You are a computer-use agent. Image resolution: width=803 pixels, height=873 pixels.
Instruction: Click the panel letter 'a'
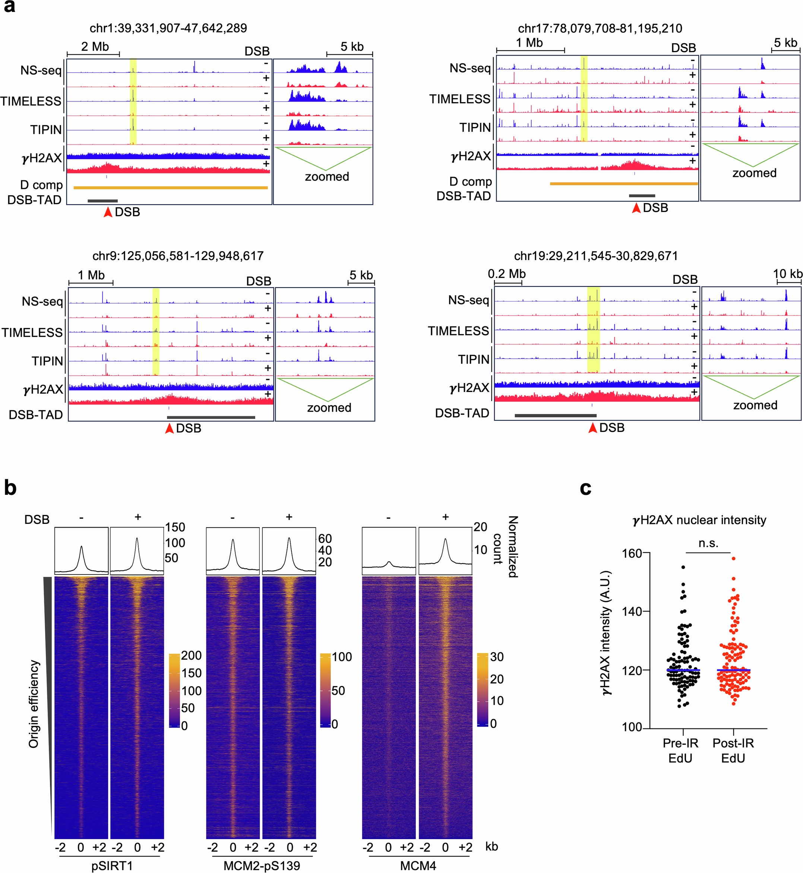click(x=10, y=7)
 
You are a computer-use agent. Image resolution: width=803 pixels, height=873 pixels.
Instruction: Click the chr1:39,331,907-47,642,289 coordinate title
click(x=168, y=28)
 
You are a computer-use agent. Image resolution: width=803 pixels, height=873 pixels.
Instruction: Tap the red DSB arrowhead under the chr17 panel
click(x=636, y=208)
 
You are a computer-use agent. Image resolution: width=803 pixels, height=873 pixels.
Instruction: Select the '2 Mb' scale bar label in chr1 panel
click(x=95, y=47)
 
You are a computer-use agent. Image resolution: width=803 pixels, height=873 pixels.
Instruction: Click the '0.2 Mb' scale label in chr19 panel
click(x=507, y=274)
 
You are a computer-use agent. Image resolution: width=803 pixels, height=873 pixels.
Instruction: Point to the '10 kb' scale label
click(x=787, y=274)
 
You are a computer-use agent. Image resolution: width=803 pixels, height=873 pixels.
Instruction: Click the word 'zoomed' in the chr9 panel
click(x=329, y=408)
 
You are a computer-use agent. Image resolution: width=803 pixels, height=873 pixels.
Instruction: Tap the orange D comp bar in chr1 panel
click(x=170, y=188)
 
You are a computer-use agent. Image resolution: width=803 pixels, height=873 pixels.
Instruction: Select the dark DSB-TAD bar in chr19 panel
click(x=555, y=415)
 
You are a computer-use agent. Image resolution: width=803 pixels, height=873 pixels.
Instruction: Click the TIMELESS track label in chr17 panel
click(x=460, y=99)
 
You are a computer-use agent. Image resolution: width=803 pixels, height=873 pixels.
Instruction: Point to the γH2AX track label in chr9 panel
click(x=43, y=389)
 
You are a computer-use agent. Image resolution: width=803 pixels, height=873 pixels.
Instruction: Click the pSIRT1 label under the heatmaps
click(x=112, y=866)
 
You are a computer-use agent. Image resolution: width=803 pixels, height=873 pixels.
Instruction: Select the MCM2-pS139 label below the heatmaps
click(x=262, y=866)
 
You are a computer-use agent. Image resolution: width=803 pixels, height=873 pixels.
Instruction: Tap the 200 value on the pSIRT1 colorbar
click(x=191, y=655)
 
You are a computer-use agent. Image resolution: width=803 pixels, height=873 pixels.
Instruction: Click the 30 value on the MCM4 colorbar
click(x=497, y=657)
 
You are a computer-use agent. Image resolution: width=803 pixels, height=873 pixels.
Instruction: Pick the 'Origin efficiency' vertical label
click(x=34, y=704)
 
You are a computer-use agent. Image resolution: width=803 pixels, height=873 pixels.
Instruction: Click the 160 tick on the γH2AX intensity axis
click(x=633, y=553)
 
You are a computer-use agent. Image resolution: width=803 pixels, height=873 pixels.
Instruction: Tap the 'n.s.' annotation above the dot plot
click(x=708, y=543)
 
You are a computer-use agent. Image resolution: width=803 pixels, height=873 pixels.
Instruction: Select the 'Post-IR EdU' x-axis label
click(x=733, y=750)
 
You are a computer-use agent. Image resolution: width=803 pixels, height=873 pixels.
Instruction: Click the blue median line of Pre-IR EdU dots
click(x=683, y=670)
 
